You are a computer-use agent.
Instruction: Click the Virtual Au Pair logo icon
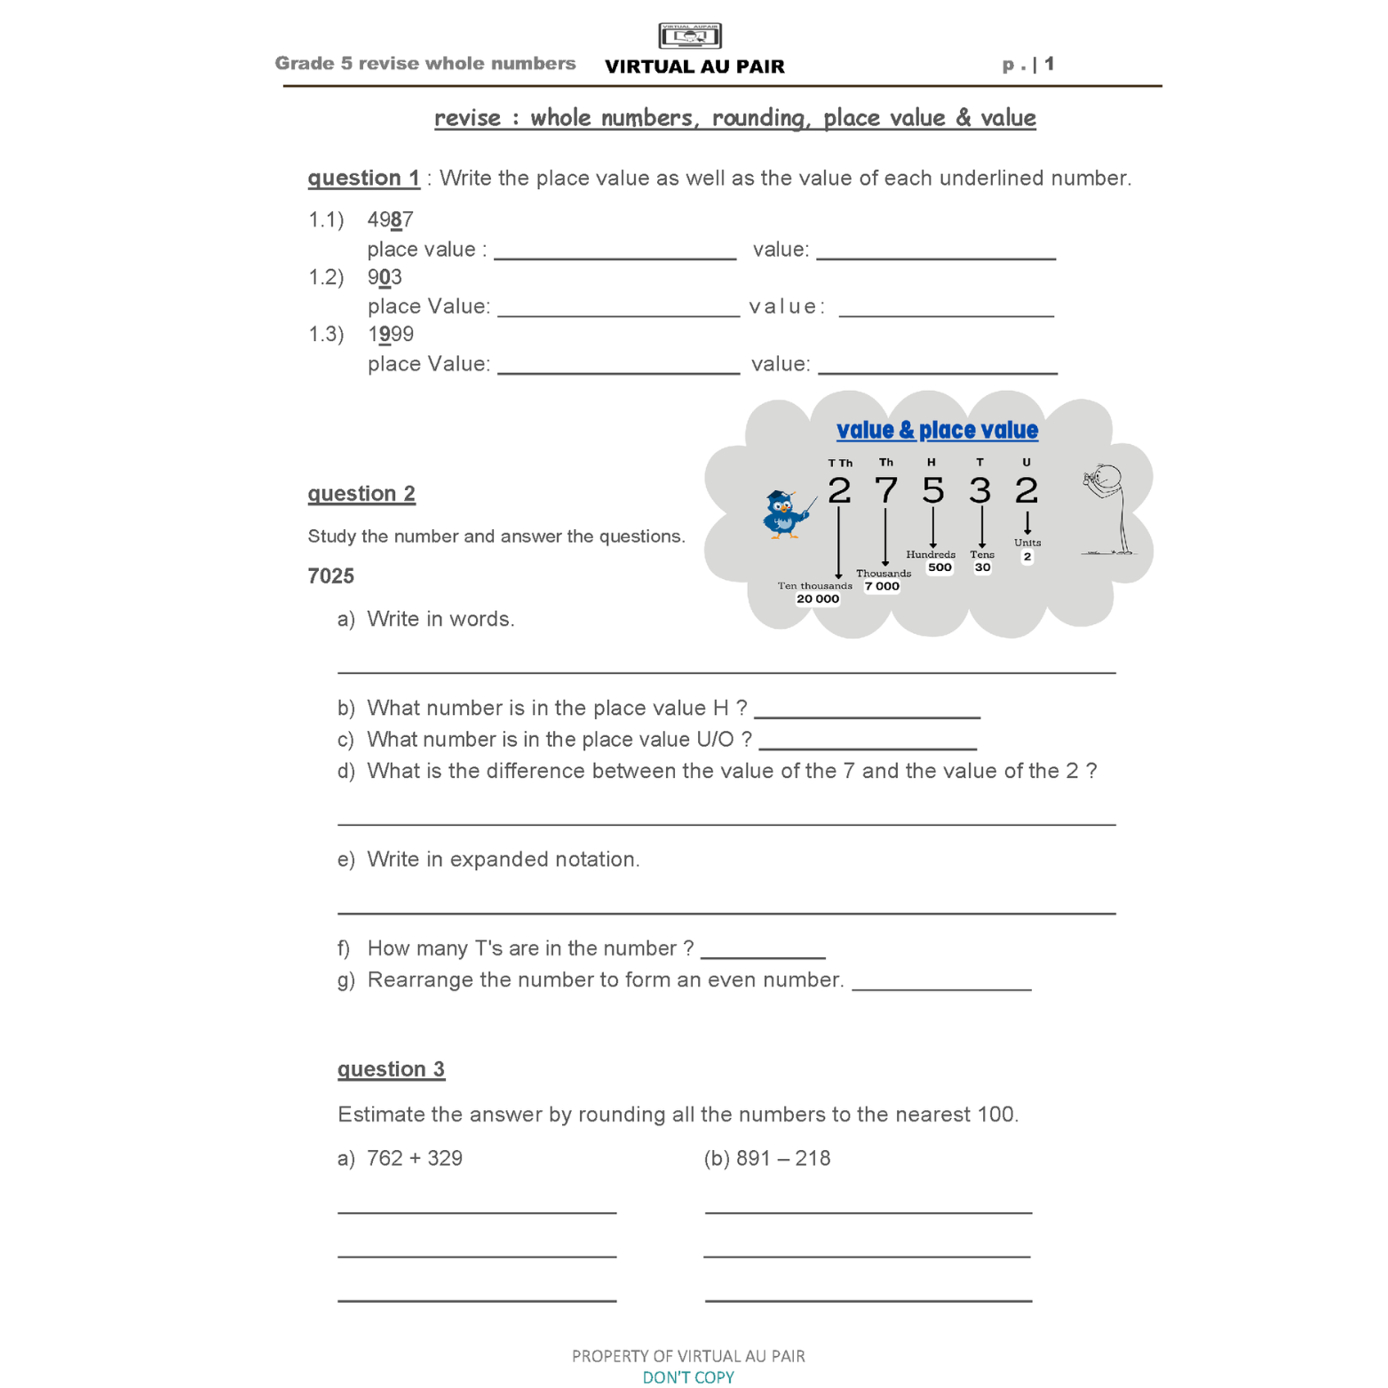(x=690, y=36)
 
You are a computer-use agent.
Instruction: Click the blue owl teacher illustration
(x=785, y=513)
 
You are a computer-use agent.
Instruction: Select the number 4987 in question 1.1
(x=390, y=219)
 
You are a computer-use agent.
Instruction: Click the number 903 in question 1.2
(x=385, y=277)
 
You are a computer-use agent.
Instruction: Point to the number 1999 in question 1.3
(x=390, y=334)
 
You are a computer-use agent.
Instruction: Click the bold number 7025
(x=330, y=576)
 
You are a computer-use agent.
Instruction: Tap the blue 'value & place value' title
(x=937, y=431)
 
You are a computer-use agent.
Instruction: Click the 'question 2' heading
(x=361, y=494)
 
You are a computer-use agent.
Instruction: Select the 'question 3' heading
(x=391, y=1069)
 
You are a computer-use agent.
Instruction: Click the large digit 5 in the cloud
(x=932, y=490)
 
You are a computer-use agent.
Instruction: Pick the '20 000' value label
(x=817, y=599)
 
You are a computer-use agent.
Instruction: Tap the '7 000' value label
(x=882, y=586)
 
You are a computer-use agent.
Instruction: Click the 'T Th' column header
(x=839, y=463)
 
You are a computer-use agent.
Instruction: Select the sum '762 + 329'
(x=414, y=1158)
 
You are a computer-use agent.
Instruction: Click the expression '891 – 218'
(x=782, y=1158)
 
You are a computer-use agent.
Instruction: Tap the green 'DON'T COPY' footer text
(x=688, y=1377)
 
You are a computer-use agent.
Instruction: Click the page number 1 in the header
(x=1049, y=64)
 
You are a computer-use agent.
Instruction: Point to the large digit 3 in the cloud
(x=980, y=490)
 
